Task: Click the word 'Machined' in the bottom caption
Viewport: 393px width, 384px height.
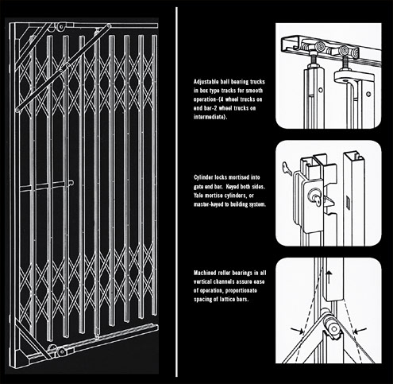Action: [206, 273]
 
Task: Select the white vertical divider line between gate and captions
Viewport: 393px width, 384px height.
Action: [175, 191]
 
